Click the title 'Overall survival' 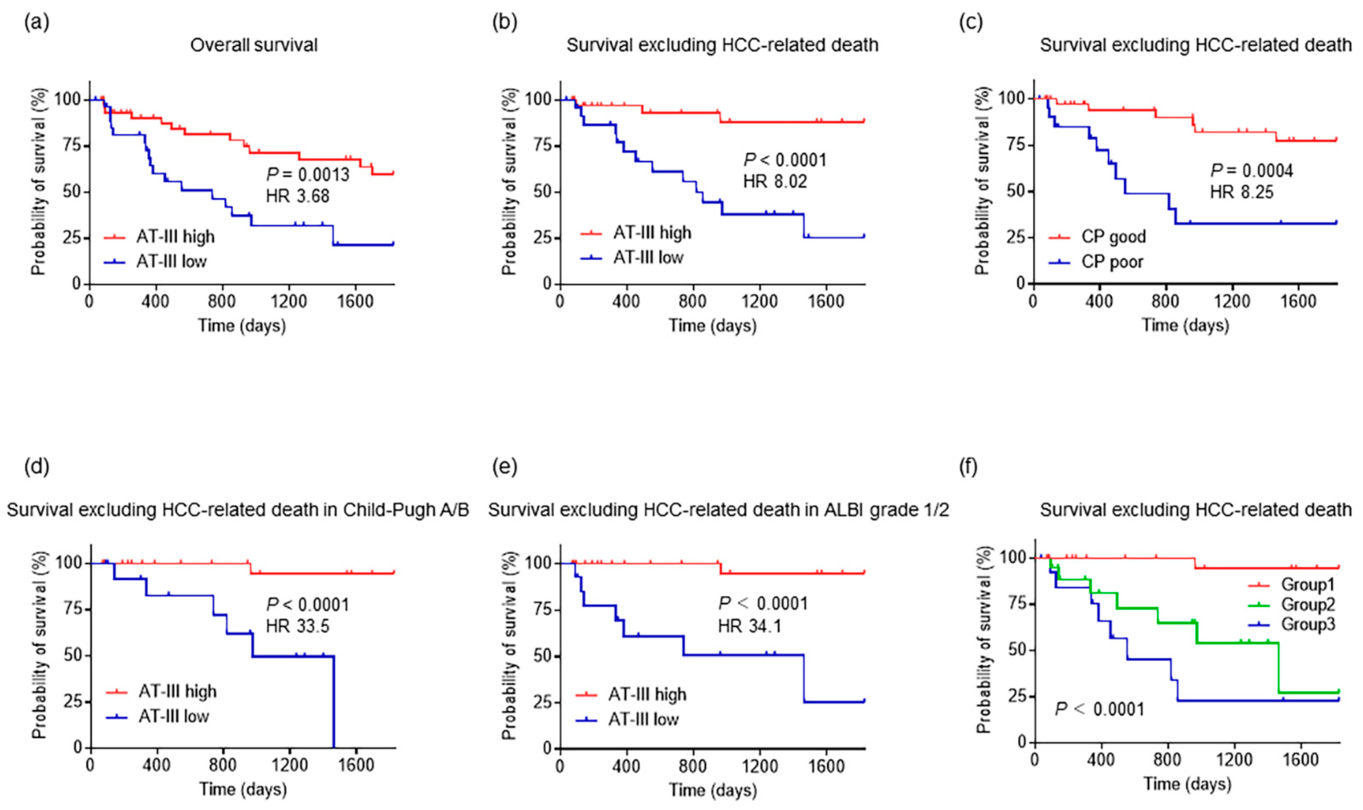[254, 45]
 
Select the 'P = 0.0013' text [307, 175]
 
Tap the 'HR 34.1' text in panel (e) [750, 625]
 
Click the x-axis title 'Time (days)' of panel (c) [1186, 325]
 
